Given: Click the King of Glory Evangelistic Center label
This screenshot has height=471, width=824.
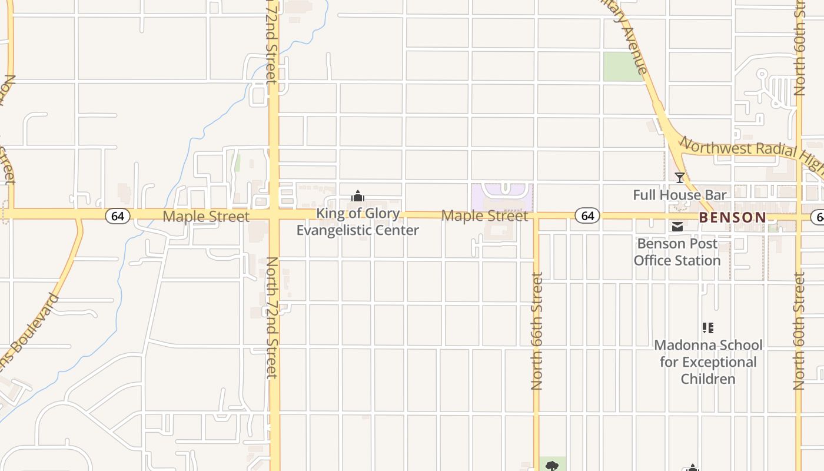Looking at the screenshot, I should (x=357, y=222).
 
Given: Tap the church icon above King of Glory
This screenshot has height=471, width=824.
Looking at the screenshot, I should (x=357, y=197).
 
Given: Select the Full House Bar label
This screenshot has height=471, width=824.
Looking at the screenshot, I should (x=680, y=195).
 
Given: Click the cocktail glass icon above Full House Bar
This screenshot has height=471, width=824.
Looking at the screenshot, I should (x=680, y=177).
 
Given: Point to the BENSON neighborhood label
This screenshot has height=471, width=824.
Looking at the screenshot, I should (x=733, y=217).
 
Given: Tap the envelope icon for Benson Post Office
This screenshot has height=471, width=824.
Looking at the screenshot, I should (x=677, y=227).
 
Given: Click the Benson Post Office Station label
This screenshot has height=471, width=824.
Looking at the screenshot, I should (x=677, y=252).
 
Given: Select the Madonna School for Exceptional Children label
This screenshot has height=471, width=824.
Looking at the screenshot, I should (x=708, y=361).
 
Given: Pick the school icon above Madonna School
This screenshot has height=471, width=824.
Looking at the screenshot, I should (x=708, y=328).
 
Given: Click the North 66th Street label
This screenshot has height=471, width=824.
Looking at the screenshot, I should (x=536, y=331).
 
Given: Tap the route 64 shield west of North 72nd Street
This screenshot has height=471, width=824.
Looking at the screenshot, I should (x=118, y=216).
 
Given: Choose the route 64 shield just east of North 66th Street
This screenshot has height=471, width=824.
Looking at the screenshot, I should (x=587, y=216).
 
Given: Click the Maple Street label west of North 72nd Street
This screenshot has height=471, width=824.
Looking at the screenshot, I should (x=206, y=216).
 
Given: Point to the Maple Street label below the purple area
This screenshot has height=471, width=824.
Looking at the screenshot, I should (x=484, y=216).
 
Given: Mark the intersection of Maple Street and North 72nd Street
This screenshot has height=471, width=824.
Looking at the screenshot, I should (x=274, y=215).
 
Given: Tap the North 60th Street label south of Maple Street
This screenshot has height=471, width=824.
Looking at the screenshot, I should (x=799, y=331).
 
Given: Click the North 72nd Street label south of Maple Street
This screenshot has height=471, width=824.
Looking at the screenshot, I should (x=272, y=318).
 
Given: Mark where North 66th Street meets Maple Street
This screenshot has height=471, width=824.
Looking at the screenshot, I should (x=536, y=216).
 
